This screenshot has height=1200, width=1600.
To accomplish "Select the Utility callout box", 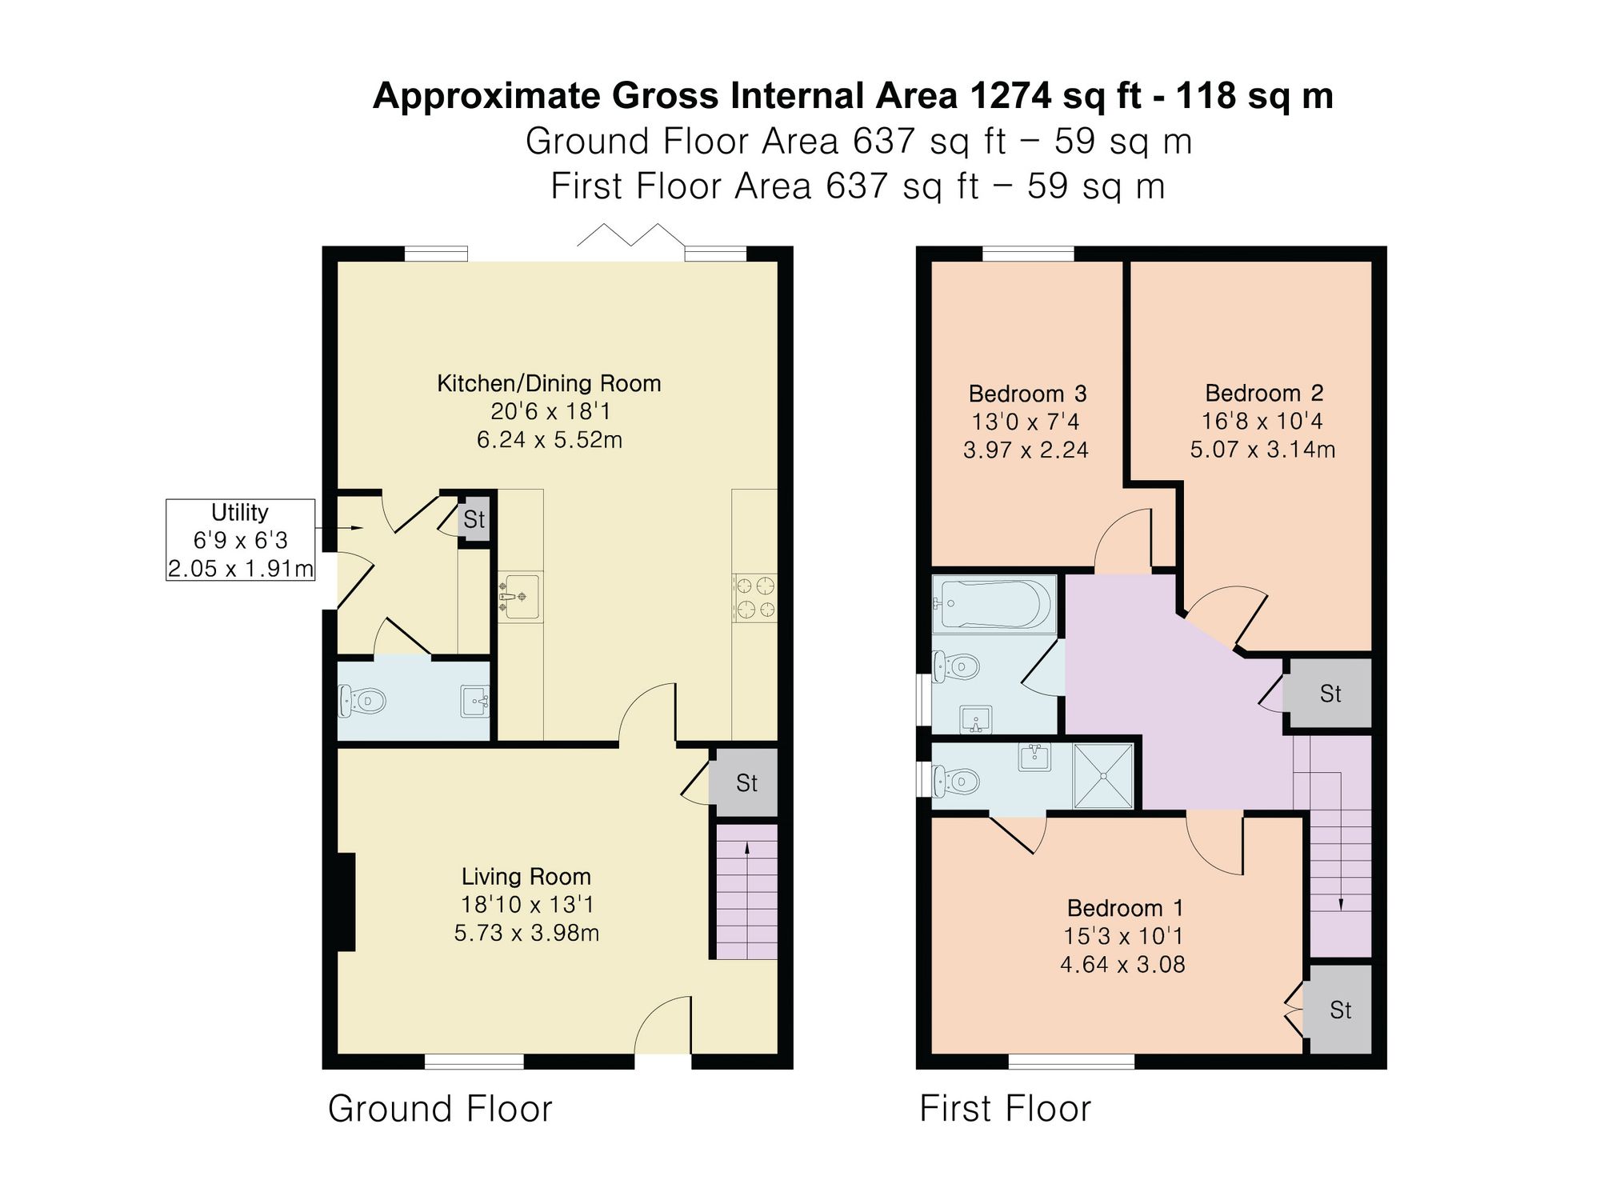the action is [240, 540].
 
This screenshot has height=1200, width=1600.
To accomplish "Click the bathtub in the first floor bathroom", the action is [994, 603].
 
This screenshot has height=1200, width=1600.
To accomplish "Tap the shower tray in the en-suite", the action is [1103, 775].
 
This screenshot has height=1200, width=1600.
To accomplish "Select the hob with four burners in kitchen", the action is [754, 598].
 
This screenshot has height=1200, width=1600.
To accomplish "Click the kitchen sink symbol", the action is [520, 598].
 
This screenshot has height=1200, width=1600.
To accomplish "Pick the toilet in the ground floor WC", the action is [362, 702].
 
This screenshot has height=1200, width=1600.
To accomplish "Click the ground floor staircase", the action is [746, 891].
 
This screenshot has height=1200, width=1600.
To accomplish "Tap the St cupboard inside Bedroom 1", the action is [1340, 1010].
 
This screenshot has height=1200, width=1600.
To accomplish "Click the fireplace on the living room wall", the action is [346, 902].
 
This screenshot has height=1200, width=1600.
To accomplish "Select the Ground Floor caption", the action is [440, 1109].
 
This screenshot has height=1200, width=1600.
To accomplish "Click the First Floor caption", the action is [1005, 1109].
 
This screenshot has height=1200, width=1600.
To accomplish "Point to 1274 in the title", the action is [1010, 96].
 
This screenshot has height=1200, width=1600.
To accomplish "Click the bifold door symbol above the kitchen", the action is [631, 234].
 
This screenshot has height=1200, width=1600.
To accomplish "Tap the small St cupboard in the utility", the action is [474, 519].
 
